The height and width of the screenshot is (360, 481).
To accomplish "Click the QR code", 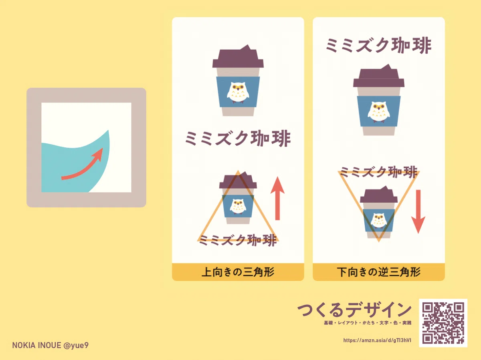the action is pyautogui.click(x=443, y=323).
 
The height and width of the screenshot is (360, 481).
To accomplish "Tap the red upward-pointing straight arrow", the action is pyautogui.click(x=277, y=198).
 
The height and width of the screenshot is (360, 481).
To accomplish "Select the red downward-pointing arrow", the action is pyautogui.click(x=418, y=211).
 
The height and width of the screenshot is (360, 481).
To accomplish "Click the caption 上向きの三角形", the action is pyautogui.click(x=238, y=272).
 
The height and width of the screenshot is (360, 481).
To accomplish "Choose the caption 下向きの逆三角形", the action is pyautogui.click(x=379, y=272).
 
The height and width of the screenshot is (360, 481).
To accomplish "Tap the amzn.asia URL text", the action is pyautogui.click(x=377, y=340).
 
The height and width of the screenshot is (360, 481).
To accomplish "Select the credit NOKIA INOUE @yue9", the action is pyautogui.click(x=51, y=345).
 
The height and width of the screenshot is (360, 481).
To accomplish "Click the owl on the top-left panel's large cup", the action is pyautogui.click(x=238, y=93).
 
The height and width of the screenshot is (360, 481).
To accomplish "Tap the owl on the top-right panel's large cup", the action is pyautogui.click(x=378, y=112).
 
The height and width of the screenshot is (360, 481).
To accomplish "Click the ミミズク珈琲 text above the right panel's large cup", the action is pyautogui.click(x=379, y=46).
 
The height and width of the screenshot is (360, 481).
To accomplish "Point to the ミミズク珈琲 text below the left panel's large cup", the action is pyautogui.click(x=238, y=138).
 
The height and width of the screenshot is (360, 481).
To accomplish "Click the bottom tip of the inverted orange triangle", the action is pyautogui.click(x=379, y=241).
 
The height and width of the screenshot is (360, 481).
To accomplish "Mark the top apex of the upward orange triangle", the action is pyautogui.click(x=238, y=171).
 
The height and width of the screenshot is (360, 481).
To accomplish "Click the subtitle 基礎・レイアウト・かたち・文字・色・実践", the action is pyautogui.click(x=368, y=323).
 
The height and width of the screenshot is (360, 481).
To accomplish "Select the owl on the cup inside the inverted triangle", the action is pyautogui.click(x=378, y=220).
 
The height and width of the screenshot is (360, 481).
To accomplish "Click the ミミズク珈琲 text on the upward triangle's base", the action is pyautogui.click(x=238, y=240).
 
